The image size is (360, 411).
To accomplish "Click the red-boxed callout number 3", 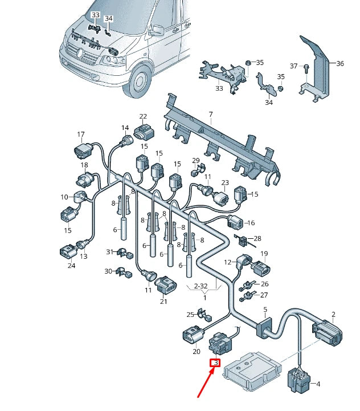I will [x=215, y=363].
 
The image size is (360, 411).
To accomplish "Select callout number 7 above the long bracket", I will [x=210, y=115].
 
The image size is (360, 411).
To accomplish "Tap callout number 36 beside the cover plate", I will [x=339, y=64].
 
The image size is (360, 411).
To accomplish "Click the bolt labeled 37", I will [x=305, y=68].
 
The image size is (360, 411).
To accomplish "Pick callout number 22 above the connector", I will [x=143, y=116].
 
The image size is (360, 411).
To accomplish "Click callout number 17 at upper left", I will [x=81, y=135].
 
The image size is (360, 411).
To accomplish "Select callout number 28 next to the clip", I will [x=257, y=238].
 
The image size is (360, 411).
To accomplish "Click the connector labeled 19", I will [x=261, y=268].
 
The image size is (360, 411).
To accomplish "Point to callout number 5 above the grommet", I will [x=265, y=310].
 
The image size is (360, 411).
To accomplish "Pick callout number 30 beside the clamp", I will [x=108, y=271].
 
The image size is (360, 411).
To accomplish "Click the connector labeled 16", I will [x=235, y=222].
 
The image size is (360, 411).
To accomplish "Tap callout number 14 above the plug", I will [x=125, y=128].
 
